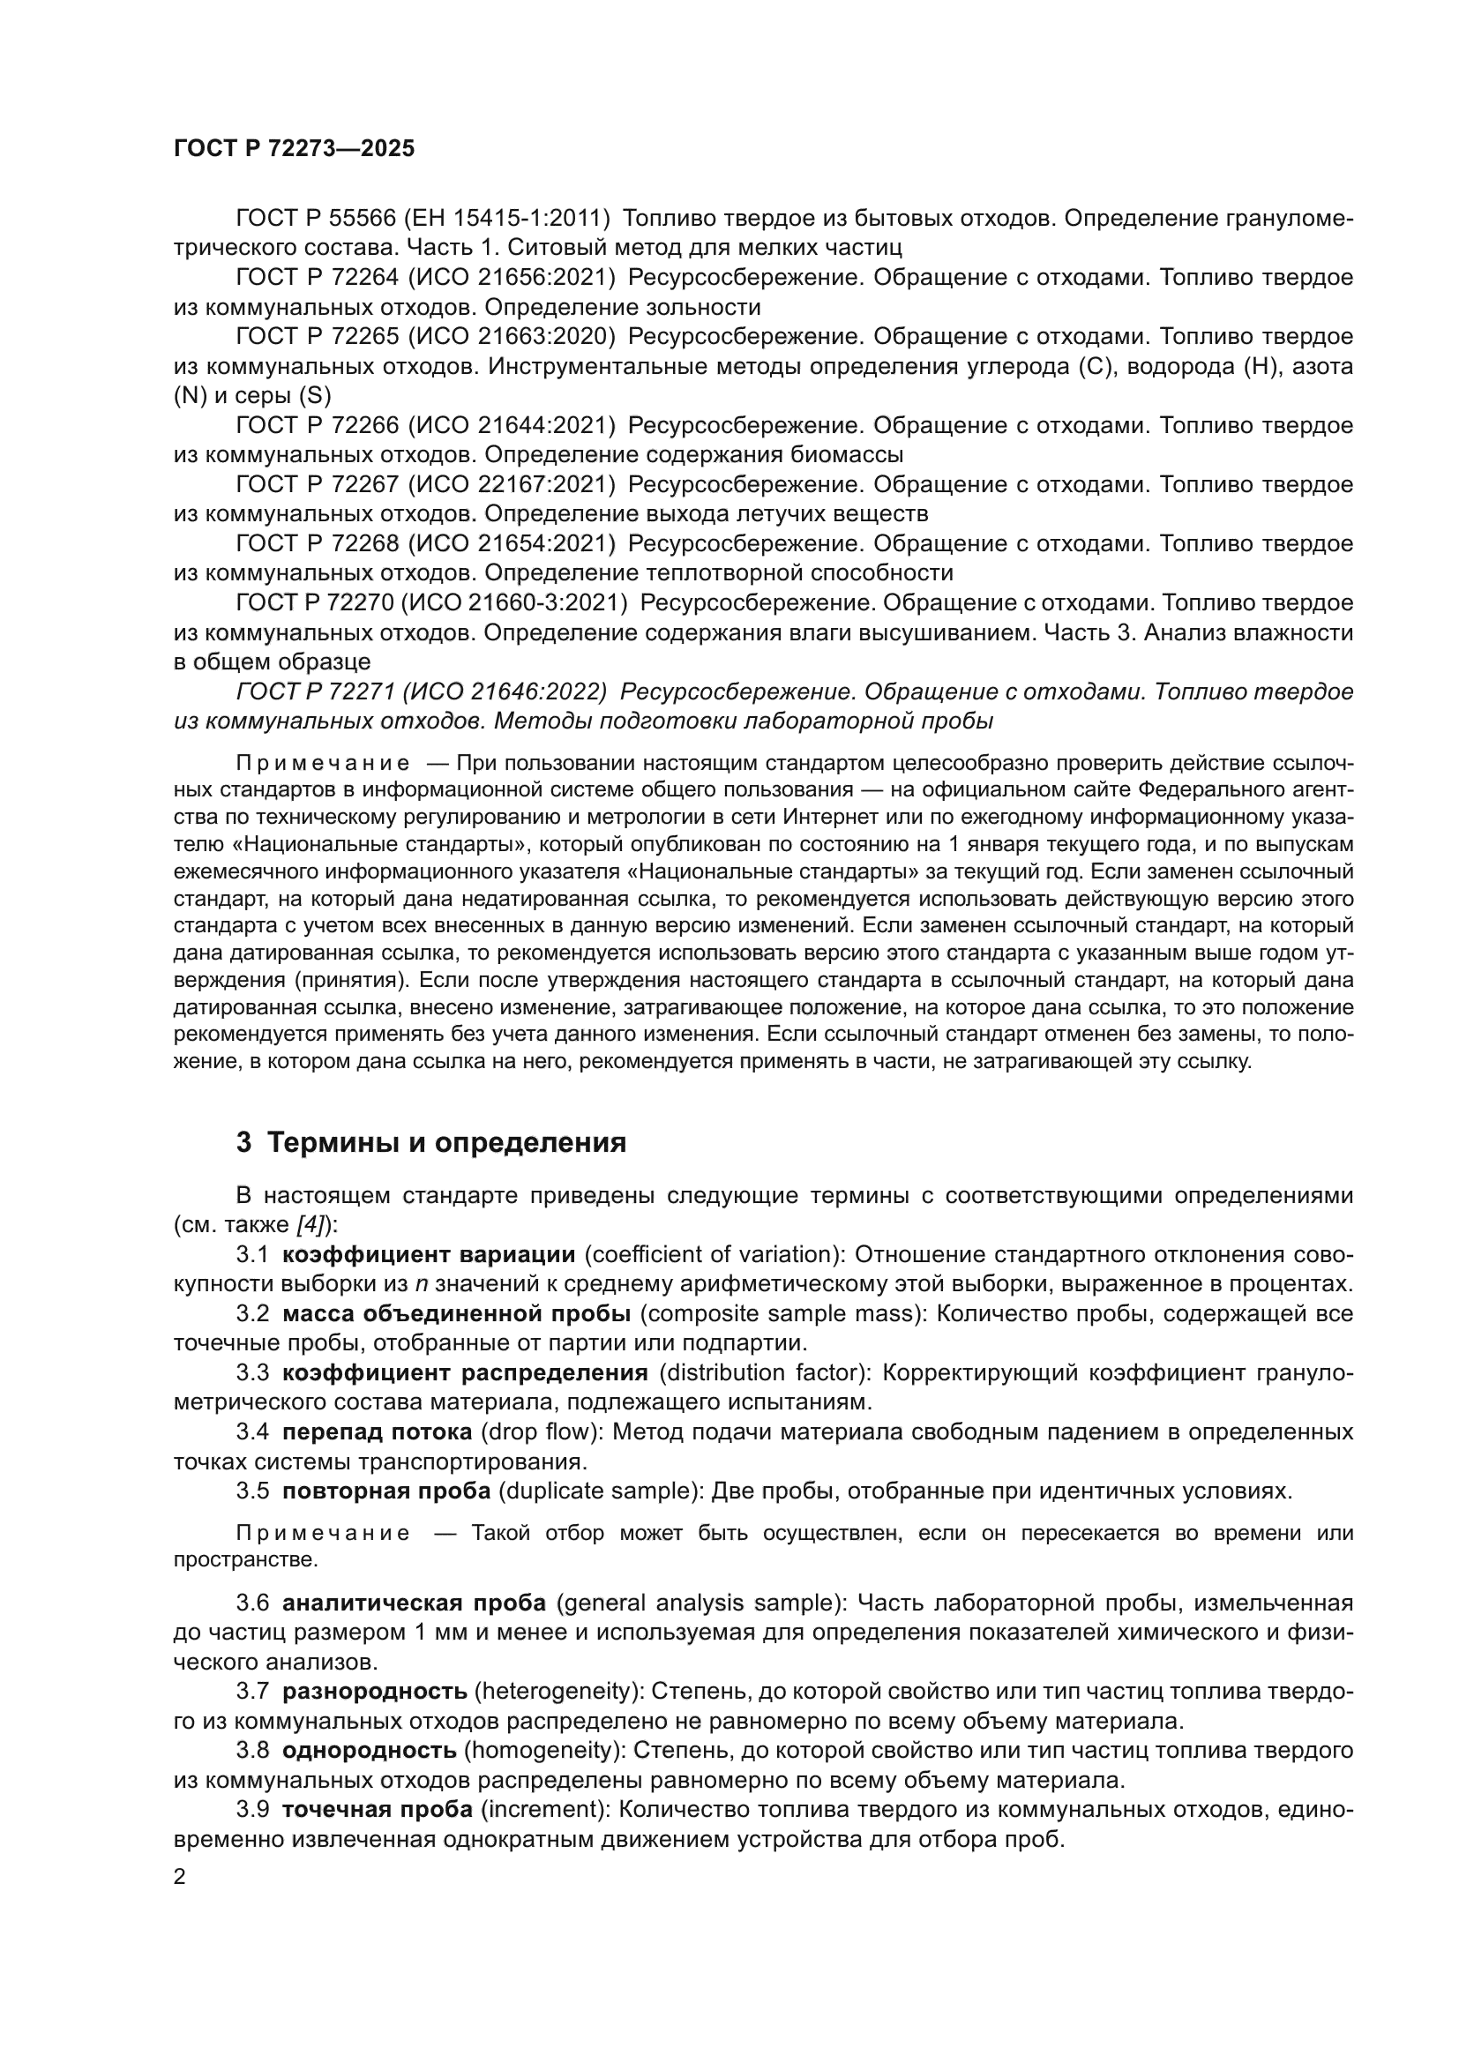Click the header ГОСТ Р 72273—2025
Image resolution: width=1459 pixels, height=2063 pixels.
[294, 149]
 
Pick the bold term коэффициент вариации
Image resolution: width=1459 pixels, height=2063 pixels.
[429, 1254]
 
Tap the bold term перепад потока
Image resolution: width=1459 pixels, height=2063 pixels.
[378, 1431]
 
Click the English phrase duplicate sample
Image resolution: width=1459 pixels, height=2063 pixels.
[600, 1491]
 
